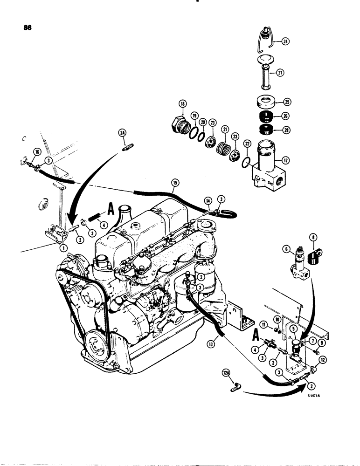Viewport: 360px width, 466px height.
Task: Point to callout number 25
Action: click(287, 101)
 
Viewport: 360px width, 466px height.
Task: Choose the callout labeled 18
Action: click(181, 104)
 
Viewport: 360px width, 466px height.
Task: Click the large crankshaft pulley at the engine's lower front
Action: click(97, 345)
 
